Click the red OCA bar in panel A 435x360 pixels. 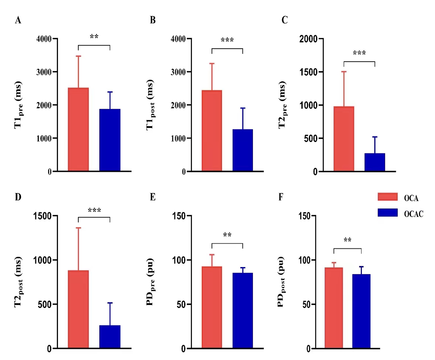(78, 129)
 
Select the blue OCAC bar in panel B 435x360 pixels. (243, 150)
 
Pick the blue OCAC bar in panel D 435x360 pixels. (110, 337)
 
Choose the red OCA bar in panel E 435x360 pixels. (212, 308)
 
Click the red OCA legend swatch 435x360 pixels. (387, 197)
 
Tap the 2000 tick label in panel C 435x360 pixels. (309, 39)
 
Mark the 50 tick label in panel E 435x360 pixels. (181, 304)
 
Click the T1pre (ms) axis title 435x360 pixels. (18, 105)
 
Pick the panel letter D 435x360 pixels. (18, 197)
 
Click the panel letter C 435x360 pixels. (284, 20)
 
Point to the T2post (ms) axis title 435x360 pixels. (18, 282)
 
